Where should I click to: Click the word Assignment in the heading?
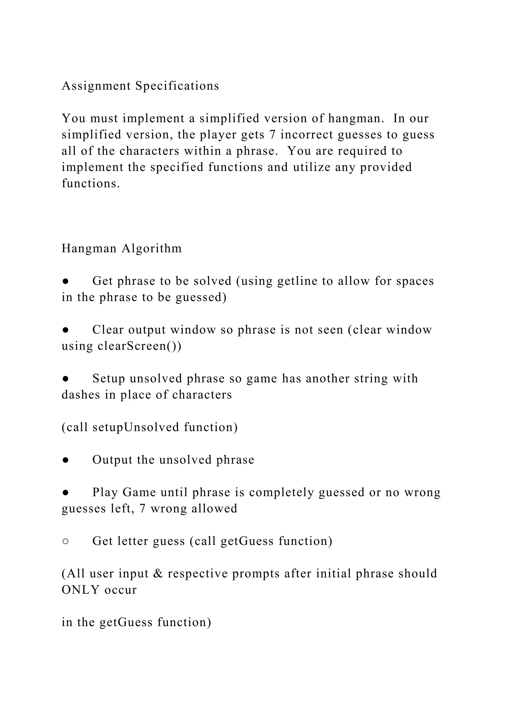[96, 86]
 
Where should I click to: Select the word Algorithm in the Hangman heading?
[152, 248]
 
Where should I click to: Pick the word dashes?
[81, 395]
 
